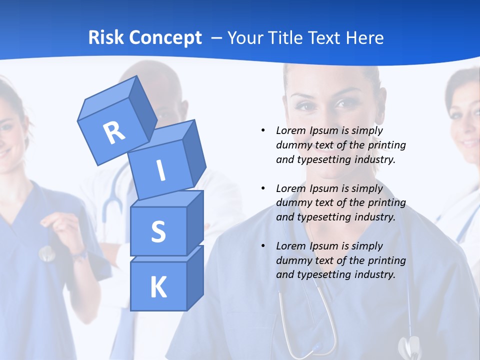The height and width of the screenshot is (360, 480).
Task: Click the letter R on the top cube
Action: coord(114,132)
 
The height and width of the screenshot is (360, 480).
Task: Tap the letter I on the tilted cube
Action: coord(160,171)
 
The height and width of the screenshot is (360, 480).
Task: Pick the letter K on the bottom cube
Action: coord(158,287)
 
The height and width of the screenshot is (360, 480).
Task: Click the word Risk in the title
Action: coord(105,37)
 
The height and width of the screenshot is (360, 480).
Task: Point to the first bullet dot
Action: coord(263,130)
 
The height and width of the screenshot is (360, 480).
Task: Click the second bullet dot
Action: coord(263,188)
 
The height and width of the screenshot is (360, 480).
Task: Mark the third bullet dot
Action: coord(263,246)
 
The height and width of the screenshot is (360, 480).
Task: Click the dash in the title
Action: coord(217,38)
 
